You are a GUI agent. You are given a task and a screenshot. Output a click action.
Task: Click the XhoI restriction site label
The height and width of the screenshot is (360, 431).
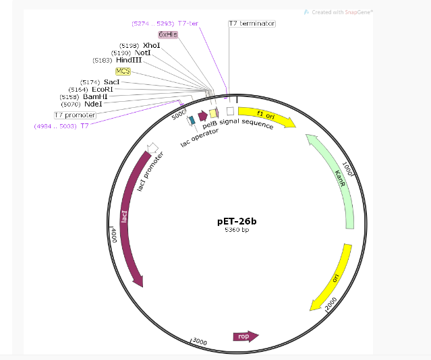pos(151,45)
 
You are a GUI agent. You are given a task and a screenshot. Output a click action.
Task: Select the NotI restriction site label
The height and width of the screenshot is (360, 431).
pos(142,53)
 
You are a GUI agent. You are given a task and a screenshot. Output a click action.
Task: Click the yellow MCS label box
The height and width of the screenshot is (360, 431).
pos(123,71)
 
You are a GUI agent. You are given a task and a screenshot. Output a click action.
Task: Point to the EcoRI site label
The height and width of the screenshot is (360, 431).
pos(103,89)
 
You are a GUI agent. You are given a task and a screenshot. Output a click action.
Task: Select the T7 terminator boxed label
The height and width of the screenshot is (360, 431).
pos(252,24)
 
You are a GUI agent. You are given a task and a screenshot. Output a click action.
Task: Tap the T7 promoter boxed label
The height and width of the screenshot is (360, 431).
pos(76,115)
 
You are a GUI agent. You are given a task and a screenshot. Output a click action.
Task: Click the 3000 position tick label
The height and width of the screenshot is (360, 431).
pos(200,341)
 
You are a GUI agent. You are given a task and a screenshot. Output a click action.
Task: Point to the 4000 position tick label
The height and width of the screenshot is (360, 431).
pos(114,235)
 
